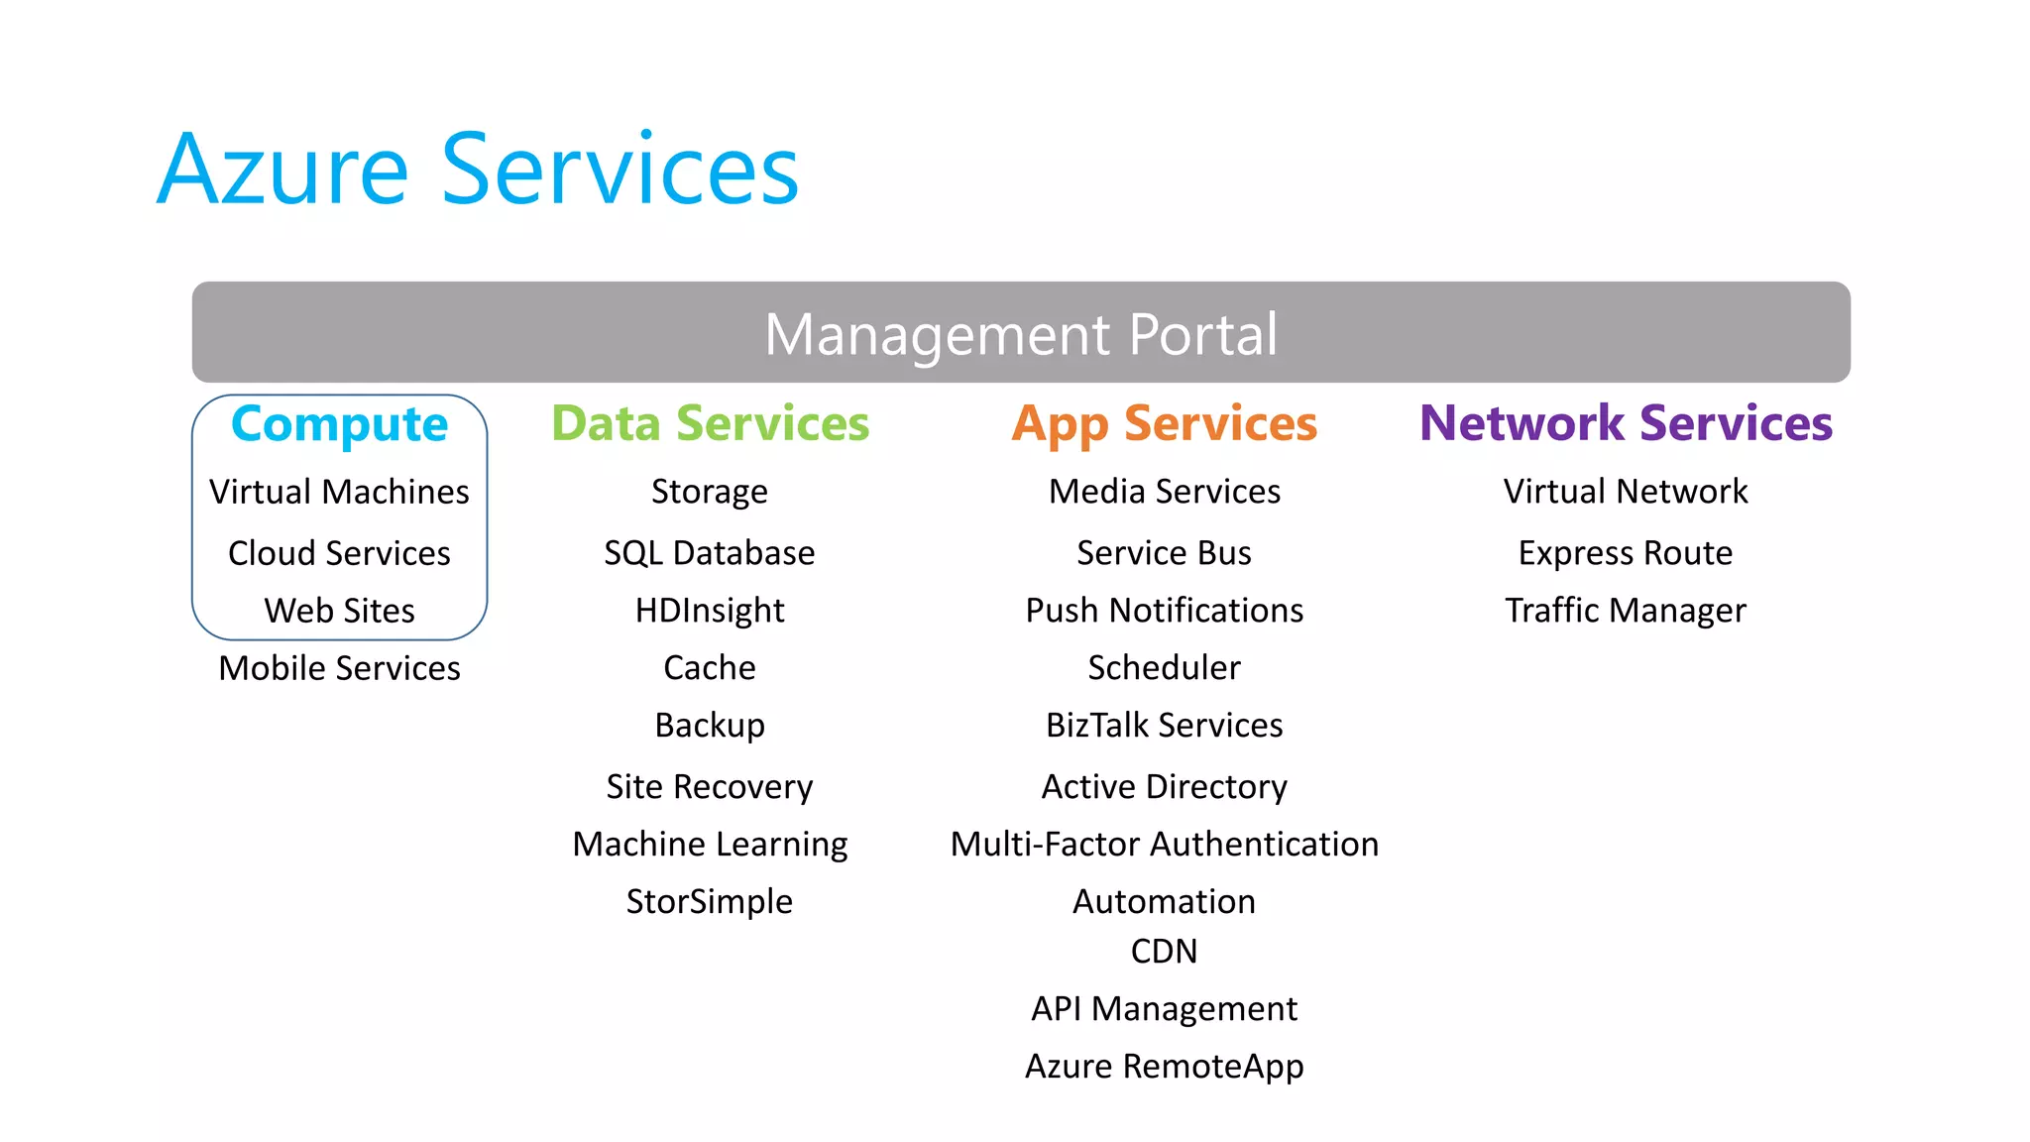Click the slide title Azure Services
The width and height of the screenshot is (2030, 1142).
click(x=478, y=171)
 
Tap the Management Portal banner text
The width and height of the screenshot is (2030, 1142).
click(x=1021, y=334)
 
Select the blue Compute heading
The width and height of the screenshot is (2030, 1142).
click(x=339, y=424)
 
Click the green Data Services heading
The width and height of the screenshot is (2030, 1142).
click(x=710, y=424)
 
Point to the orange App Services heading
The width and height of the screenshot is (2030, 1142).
click(x=1164, y=424)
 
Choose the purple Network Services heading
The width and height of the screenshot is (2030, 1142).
click(x=1626, y=424)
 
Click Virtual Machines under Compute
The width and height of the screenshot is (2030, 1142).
click(x=339, y=492)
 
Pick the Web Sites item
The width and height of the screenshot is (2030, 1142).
click(x=339, y=611)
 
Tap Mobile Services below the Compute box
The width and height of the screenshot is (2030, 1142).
click(x=339, y=668)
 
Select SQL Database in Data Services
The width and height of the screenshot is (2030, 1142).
click(x=710, y=553)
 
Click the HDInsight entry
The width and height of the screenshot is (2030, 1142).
click(x=710, y=611)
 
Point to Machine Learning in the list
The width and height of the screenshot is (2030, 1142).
click(x=710, y=845)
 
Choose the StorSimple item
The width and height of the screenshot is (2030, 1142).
click(x=710, y=902)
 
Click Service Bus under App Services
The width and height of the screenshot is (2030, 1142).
click(x=1164, y=553)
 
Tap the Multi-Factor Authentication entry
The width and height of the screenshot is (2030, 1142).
click(x=1164, y=845)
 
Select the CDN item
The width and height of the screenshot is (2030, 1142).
click(x=1164, y=952)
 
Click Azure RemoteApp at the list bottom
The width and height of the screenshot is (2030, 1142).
click(x=1164, y=1067)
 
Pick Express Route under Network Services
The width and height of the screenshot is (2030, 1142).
click(x=1626, y=553)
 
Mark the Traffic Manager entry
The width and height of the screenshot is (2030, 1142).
click(x=1626, y=611)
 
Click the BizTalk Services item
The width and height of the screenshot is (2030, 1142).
click(x=1164, y=726)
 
